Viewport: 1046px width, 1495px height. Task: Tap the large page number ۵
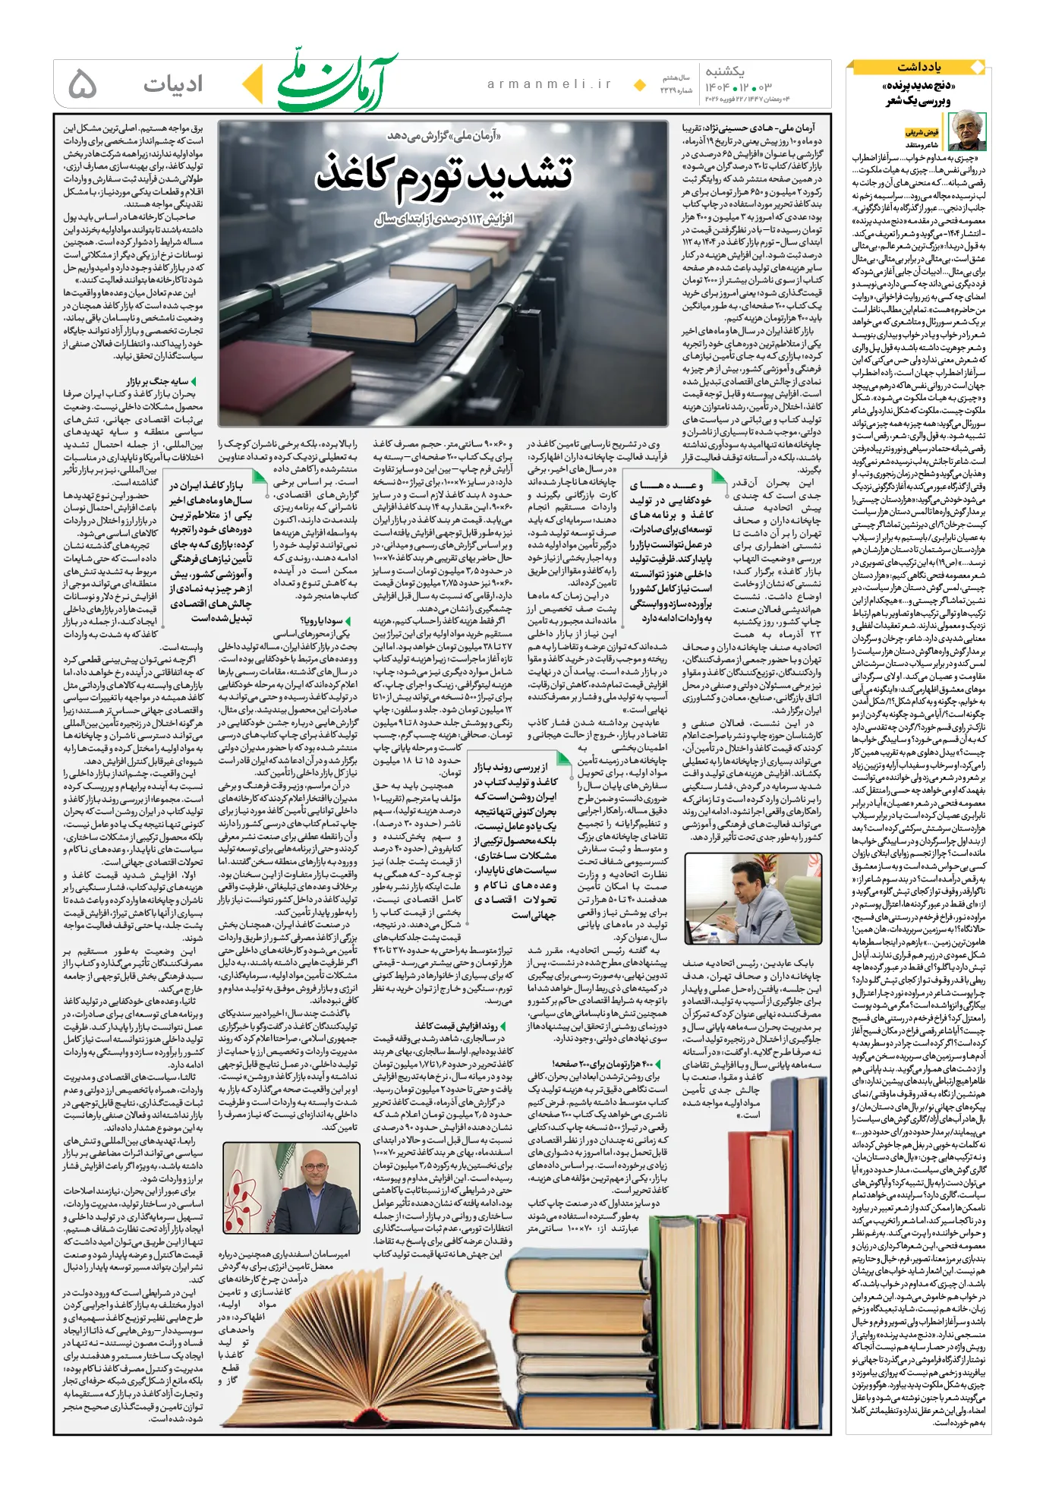[83, 84]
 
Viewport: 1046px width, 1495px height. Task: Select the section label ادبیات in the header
[173, 84]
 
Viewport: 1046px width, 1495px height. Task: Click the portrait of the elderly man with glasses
[966, 131]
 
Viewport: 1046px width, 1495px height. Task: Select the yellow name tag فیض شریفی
[922, 132]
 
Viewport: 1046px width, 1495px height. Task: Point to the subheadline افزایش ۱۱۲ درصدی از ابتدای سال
[444, 219]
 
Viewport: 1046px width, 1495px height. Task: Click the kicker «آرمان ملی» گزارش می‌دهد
[444, 135]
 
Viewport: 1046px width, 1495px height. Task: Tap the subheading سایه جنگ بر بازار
[157, 381]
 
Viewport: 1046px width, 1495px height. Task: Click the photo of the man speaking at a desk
[752, 898]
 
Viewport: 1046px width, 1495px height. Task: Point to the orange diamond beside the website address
[640, 84]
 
